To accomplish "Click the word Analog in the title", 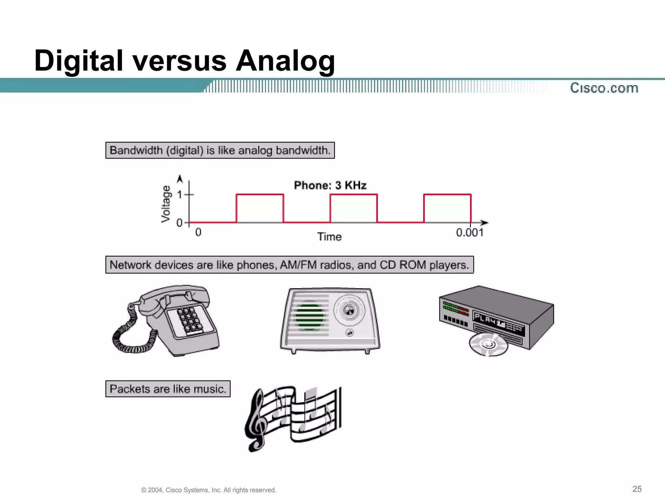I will coord(285,61).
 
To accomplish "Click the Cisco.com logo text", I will coord(604,88).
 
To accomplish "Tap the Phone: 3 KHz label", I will coord(330,185).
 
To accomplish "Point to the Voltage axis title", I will coord(166,204).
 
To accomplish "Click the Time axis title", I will coord(329,237).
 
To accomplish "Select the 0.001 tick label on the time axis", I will coord(470,233).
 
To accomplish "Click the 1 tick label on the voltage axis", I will coord(180,195).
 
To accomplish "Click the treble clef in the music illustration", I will coord(257,421).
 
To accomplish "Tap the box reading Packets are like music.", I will coord(168,389).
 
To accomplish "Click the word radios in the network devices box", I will coord(337,265).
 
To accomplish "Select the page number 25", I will coord(637,489).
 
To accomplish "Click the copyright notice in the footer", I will coord(208,490).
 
